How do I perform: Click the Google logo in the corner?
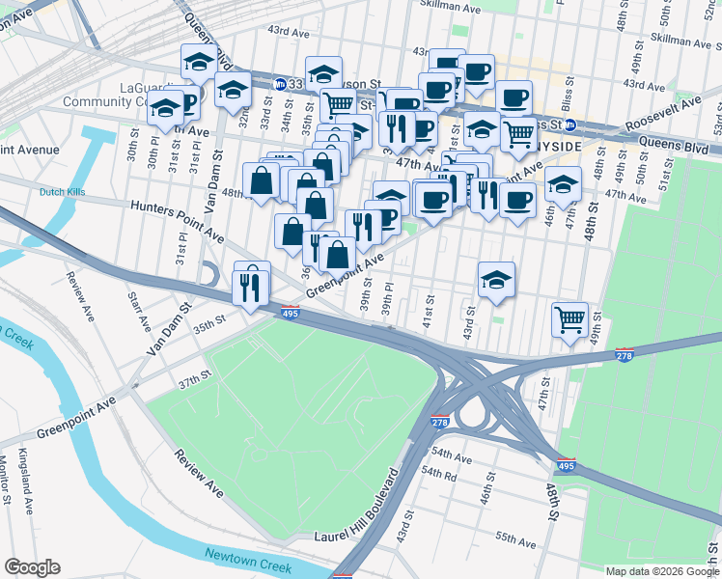(32, 567)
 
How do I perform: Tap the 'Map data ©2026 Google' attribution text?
(662, 571)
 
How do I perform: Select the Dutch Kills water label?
(62, 192)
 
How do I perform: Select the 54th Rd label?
(437, 473)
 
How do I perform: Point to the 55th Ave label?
(515, 537)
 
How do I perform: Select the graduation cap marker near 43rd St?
(496, 279)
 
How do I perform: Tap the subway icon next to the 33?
(279, 84)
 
